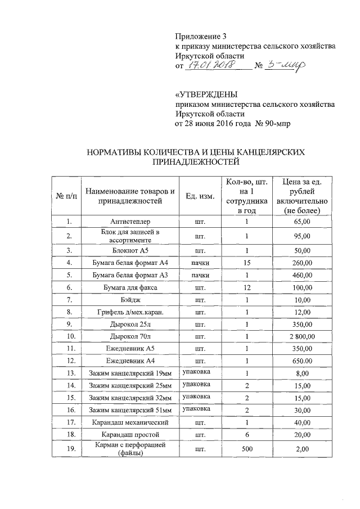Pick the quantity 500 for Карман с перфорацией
pos(246,449)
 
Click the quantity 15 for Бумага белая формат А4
pos(246,262)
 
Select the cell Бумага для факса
pos(130,287)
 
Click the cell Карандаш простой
pos(130,435)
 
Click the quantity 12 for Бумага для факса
pos(246,287)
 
